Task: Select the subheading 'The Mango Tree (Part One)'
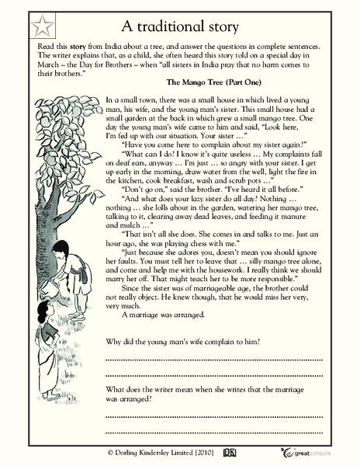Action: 220,80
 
